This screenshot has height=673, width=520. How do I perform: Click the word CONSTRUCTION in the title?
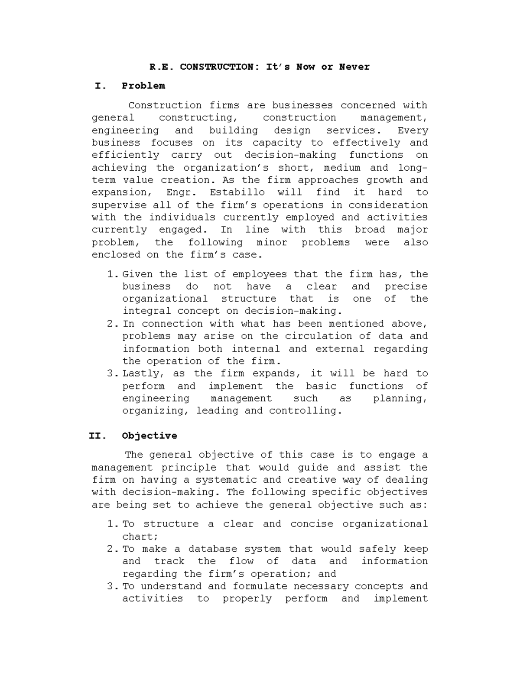coord(217,67)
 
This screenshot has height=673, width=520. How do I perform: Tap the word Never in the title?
coord(354,67)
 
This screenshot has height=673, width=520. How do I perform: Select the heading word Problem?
coord(143,86)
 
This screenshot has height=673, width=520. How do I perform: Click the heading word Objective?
coord(149,436)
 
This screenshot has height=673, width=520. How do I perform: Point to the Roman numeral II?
coord(97,436)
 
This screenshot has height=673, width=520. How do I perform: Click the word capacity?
coord(277,143)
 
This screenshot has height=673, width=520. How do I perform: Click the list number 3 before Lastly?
coord(112,374)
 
